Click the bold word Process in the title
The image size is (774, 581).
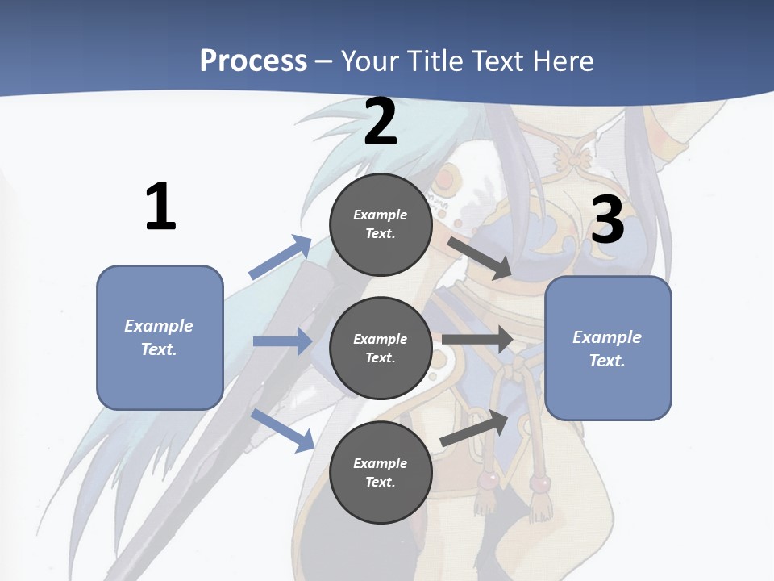point(253,61)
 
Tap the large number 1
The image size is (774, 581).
point(160,207)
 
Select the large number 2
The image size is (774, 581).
point(381,122)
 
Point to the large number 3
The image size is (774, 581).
point(607,219)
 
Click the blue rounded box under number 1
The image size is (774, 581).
point(160,337)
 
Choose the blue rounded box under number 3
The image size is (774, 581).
point(608,348)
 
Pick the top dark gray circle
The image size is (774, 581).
point(381,224)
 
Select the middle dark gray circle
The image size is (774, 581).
point(381,348)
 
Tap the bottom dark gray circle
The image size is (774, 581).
point(381,472)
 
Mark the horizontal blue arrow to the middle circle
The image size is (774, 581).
point(282,341)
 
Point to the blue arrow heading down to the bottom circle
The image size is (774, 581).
point(283,429)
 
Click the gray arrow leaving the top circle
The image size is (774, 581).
point(480,257)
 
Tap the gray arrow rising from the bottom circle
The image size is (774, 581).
point(474,428)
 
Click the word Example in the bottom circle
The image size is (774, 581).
point(381,463)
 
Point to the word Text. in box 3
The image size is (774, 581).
point(607,361)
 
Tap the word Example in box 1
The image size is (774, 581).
point(159,326)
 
